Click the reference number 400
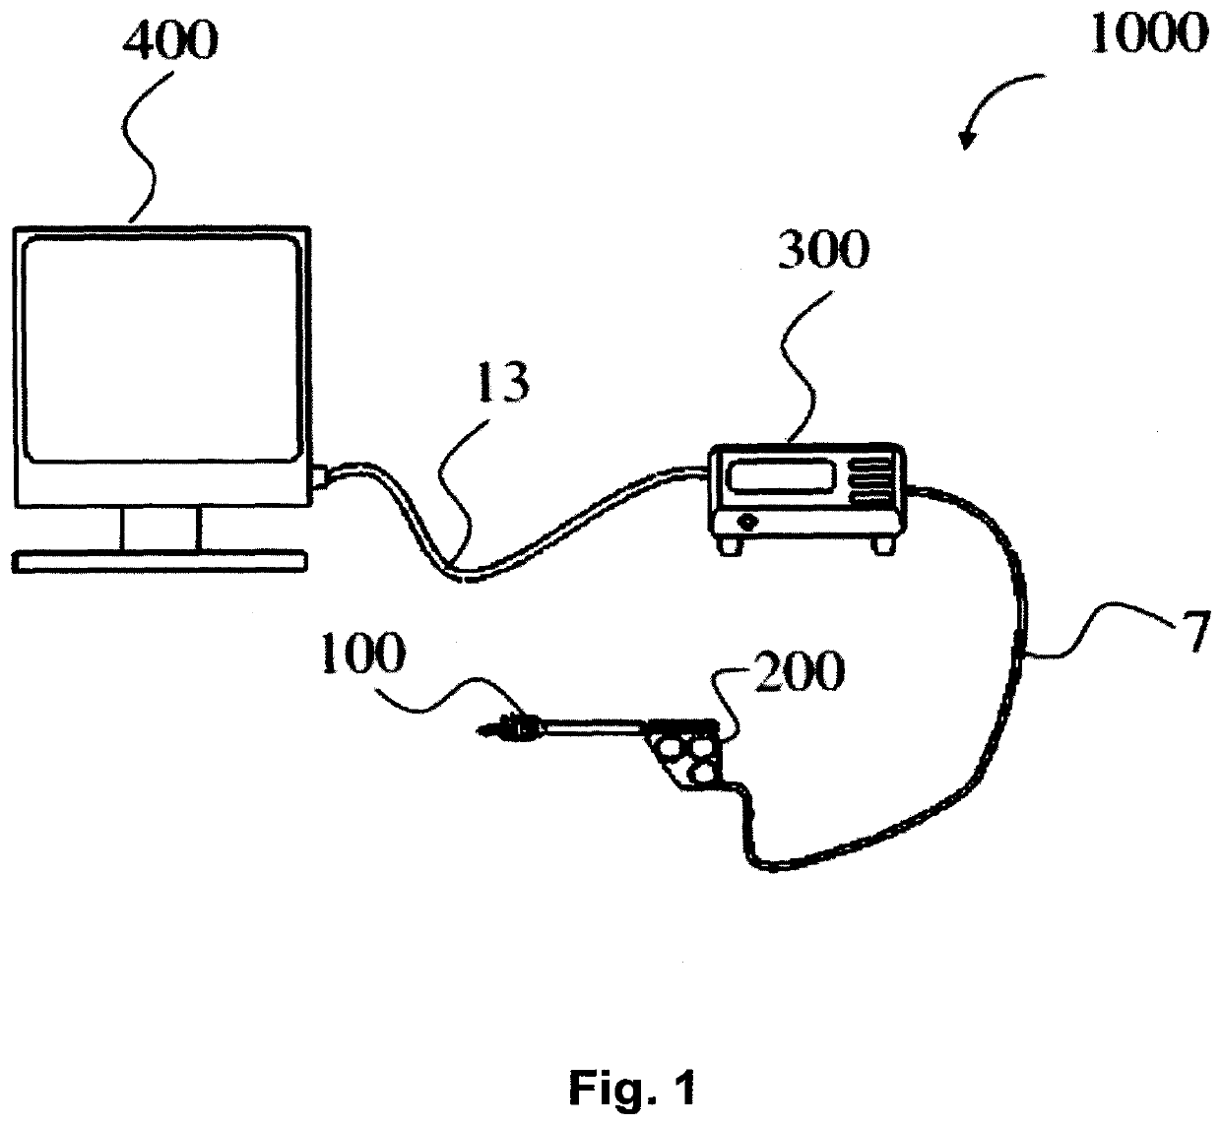click(170, 42)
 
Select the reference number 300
click(824, 252)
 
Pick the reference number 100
click(361, 656)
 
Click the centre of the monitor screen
click(161, 345)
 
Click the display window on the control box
click(777, 477)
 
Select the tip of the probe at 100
click(484, 730)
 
